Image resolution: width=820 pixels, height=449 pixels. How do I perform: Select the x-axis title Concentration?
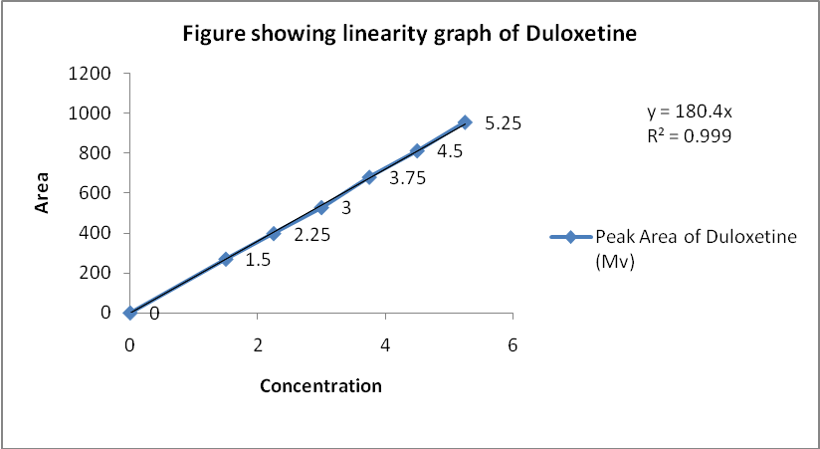tap(320, 385)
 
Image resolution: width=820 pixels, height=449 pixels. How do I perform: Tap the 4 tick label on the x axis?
tap(385, 343)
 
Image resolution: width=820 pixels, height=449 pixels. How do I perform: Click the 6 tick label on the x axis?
tap(512, 343)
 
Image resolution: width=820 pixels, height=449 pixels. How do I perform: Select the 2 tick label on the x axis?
tap(258, 343)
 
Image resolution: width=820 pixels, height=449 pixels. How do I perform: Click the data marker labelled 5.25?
tap(465, 121)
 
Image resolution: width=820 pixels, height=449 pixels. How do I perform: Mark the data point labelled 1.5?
tap(226, 259)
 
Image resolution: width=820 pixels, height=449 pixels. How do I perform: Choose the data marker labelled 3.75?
tap(369, 177)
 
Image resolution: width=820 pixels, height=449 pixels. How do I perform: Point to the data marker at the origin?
tap(129, 313)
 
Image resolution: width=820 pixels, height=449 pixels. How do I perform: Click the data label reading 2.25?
tap(312, 236)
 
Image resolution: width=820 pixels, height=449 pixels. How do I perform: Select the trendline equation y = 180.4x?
tap(689, 112)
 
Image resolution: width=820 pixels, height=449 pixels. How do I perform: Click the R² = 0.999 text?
tap(689, 136)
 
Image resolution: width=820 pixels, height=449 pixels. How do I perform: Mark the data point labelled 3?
tap(321, 208)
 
